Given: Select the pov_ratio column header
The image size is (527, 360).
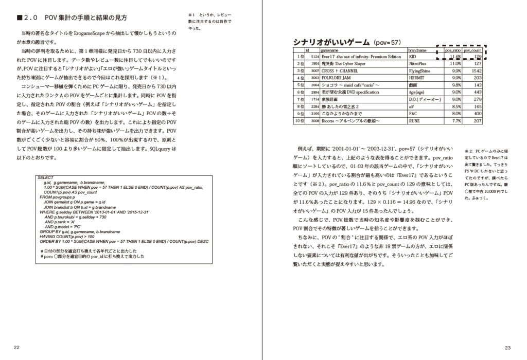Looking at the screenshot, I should coord(452,50).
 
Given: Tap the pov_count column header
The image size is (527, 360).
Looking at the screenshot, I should coord(472,50).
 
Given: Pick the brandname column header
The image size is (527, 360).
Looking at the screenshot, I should coord(417,50).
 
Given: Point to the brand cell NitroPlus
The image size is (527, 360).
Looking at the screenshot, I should coord(418,64).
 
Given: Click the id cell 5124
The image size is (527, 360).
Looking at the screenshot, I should coord(315,57).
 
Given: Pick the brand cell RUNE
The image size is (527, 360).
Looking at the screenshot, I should coord(414,121).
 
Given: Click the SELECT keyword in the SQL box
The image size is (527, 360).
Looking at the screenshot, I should coord(45,177).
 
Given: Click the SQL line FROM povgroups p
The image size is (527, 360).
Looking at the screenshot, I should coord(58,197).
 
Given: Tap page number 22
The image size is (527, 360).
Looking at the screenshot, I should coord(17,348).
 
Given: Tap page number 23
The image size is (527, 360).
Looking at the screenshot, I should coord(507,348).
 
